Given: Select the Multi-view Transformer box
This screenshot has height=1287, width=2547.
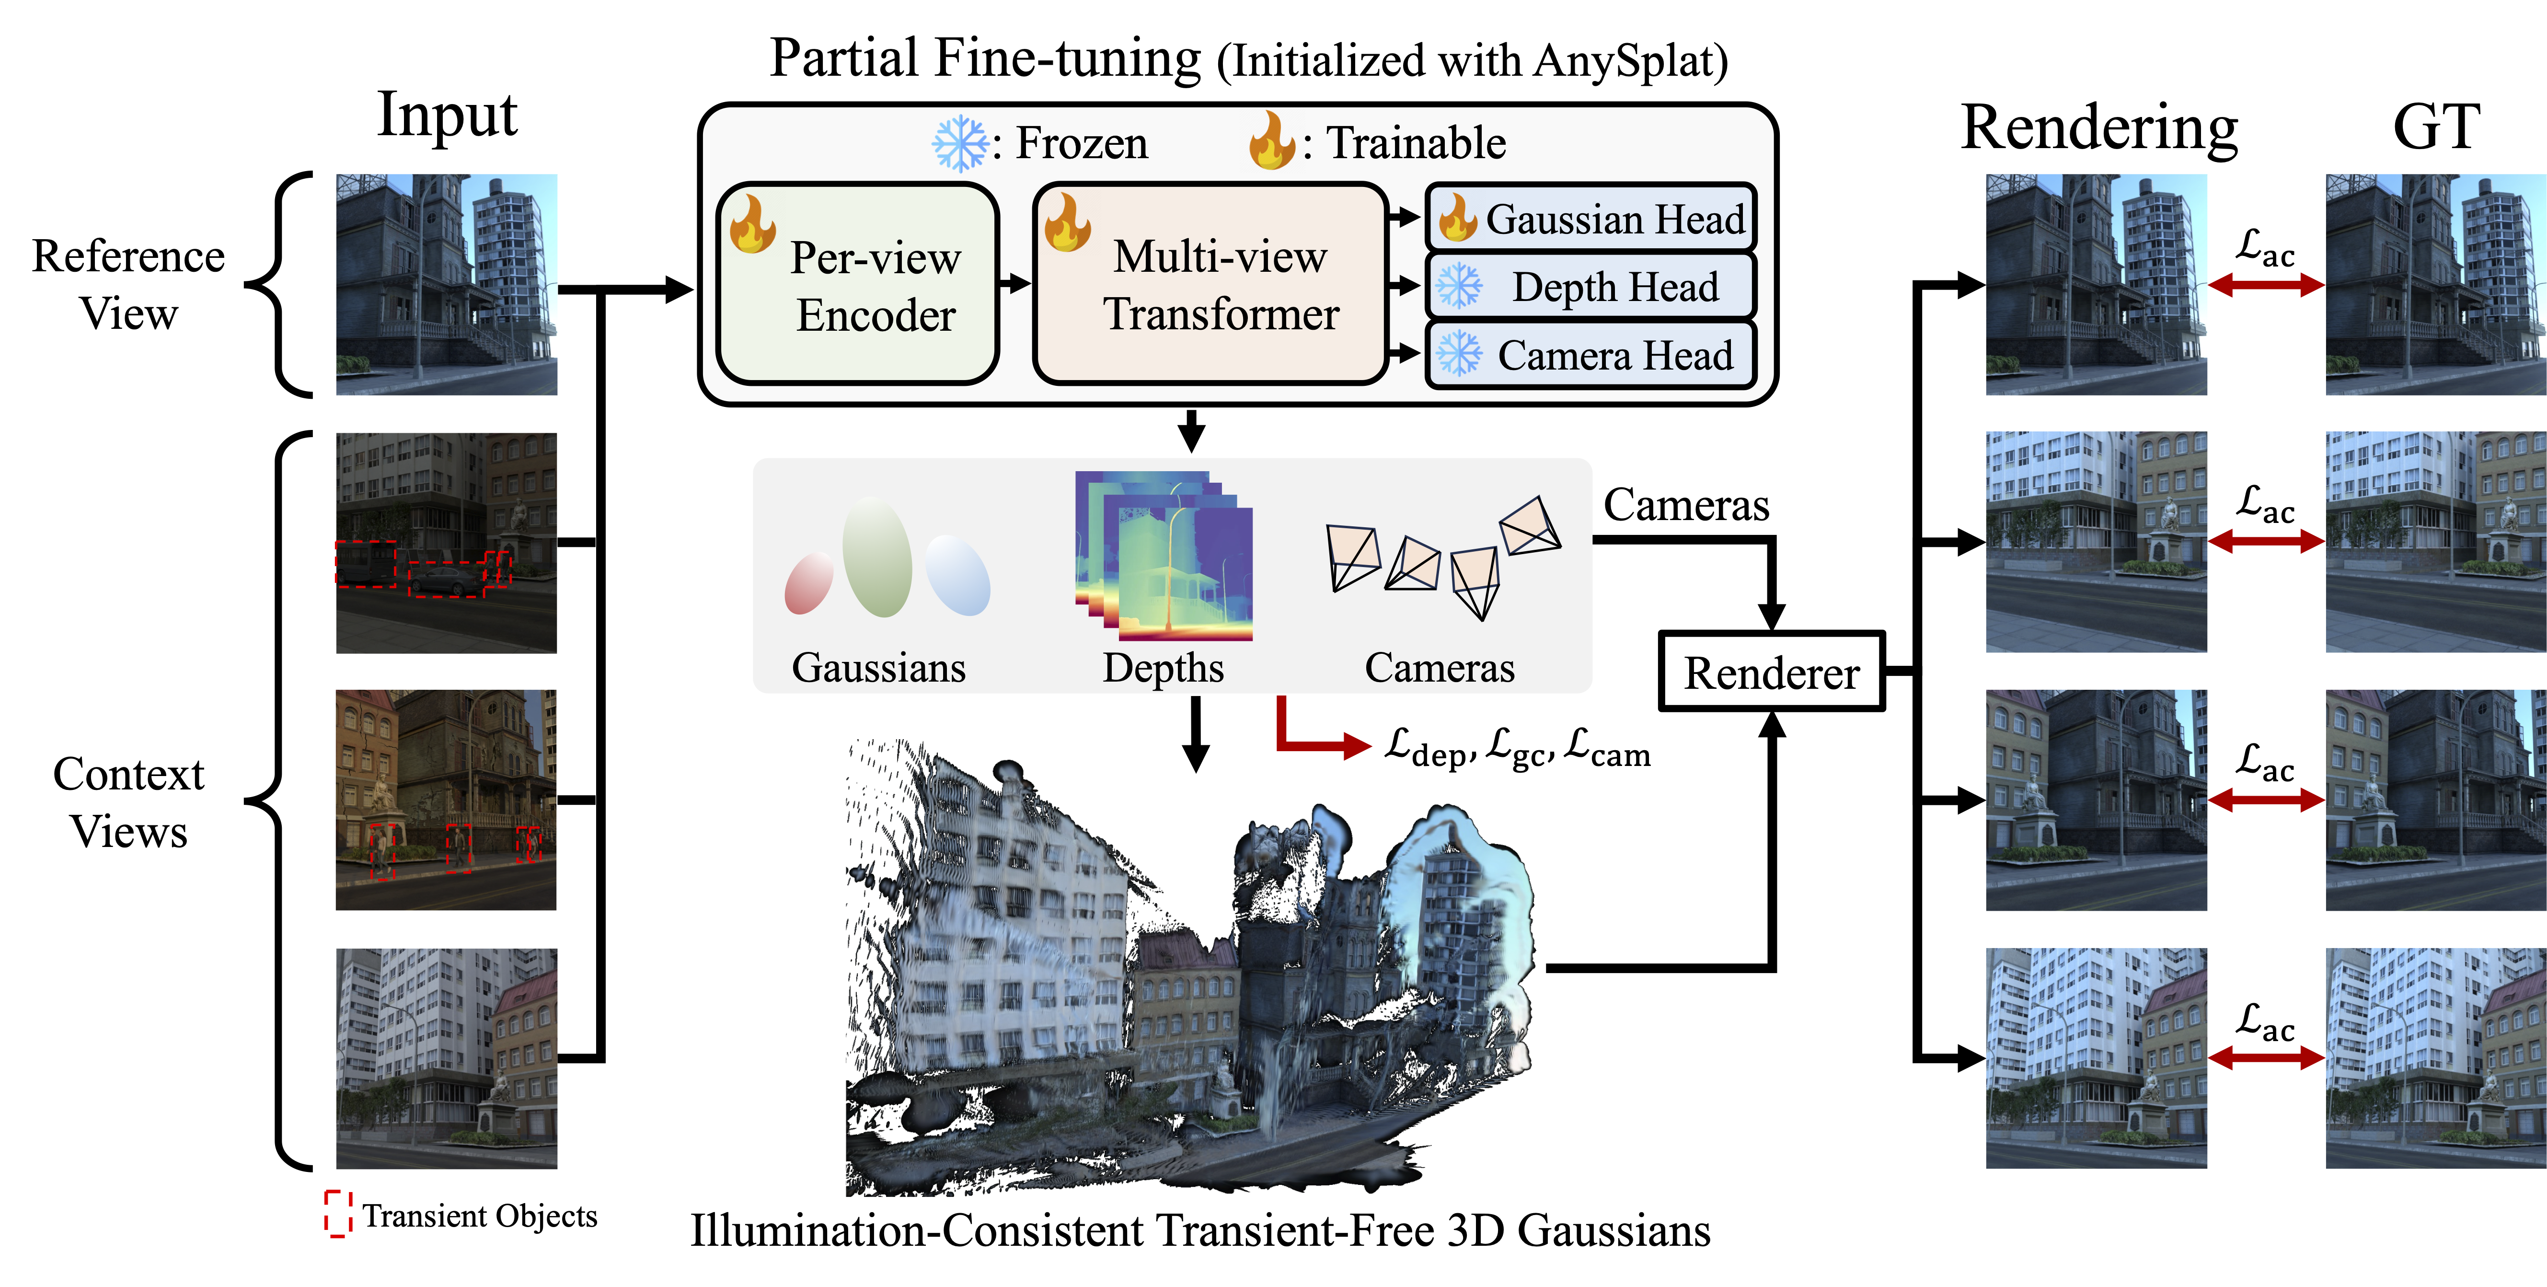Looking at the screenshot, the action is [x=1210, y=284].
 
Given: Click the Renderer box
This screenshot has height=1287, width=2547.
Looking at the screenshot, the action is [x=1772, y=672].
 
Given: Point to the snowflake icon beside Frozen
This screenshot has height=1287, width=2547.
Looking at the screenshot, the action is [x=960, y=143].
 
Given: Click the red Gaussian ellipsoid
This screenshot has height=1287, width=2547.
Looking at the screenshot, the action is [x=809, y=584].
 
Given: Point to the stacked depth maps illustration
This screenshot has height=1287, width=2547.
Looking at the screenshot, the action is [x=1164, y=556].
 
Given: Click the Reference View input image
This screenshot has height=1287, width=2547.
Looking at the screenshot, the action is [x=447, y=285].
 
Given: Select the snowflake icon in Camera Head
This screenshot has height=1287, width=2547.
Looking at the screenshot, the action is [x=1459, y=354].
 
